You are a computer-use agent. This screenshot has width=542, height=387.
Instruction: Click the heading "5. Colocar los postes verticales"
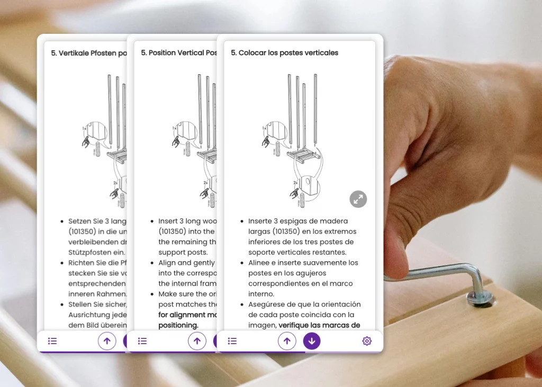pos(284,53)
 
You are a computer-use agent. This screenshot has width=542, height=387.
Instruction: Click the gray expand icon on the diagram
pos(358,199)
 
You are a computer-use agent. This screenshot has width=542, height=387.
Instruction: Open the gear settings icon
pos(367,341)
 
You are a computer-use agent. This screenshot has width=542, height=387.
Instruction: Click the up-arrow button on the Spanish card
pos(287,341)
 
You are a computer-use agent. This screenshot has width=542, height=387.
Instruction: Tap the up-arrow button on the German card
pos(107,341)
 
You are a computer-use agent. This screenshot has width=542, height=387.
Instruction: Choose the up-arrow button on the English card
pos(197,341)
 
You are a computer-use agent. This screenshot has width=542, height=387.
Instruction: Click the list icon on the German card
pos(52,341)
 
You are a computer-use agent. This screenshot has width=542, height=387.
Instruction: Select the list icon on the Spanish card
pos(232,341)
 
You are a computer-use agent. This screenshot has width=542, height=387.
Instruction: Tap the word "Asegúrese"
pos(268,305)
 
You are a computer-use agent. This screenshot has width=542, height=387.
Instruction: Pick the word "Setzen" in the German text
pos(80,221)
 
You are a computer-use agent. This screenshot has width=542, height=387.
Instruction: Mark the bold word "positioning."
pos(178,325)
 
